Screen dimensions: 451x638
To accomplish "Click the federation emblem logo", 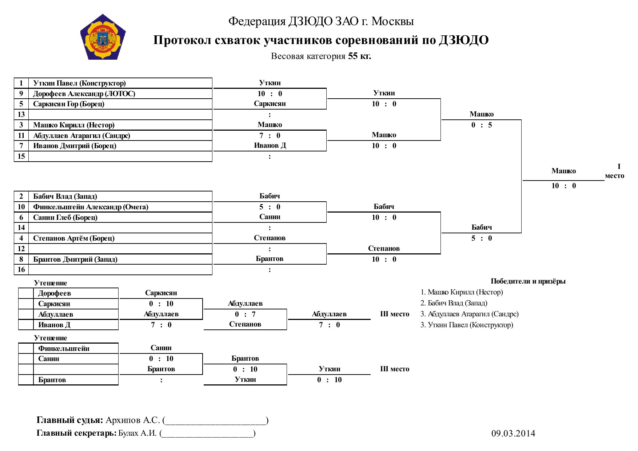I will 103,37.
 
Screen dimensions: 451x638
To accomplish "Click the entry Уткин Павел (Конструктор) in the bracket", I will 79,83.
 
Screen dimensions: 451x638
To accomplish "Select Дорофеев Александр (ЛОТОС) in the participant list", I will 84,94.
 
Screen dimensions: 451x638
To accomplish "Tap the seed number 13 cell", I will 21,114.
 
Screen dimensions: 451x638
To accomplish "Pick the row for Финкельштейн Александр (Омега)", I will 91,207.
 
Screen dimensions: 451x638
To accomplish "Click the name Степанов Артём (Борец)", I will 74,238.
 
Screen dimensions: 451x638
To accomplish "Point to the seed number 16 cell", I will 21,269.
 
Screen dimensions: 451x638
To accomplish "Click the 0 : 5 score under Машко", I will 482,125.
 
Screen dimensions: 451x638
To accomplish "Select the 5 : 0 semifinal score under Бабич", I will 482,238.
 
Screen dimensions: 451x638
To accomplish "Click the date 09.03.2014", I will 513,433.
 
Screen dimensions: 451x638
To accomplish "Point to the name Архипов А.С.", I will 133,420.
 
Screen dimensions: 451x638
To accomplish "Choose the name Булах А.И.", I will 137,433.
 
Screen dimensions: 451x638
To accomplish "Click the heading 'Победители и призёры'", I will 528,281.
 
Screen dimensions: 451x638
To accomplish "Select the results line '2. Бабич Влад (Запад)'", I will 454,303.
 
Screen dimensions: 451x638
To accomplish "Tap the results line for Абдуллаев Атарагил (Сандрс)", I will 470,314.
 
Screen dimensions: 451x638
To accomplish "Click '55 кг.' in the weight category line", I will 359,56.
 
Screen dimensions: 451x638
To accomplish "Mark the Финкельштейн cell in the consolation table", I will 64,348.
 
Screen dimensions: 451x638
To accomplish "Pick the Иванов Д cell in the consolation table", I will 54,325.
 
